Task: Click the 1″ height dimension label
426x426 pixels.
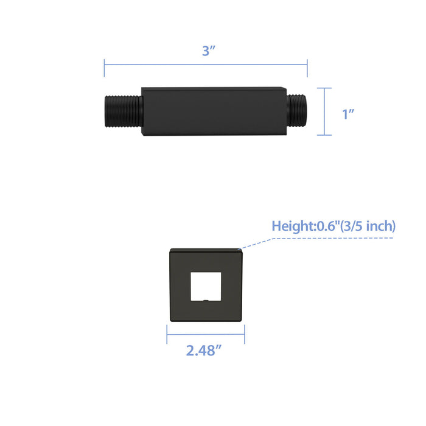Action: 348,113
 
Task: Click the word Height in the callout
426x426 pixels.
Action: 292,226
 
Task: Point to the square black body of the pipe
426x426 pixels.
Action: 213,113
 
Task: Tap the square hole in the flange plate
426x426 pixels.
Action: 206,286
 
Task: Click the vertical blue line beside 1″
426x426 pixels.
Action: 324,111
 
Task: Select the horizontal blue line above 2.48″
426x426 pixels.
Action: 206,333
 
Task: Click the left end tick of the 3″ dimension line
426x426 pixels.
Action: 104,67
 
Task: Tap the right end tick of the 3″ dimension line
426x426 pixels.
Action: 307,67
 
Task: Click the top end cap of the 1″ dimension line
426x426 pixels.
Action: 324,88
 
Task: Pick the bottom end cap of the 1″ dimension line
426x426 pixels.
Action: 324,135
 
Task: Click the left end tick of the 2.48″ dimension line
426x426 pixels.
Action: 167,333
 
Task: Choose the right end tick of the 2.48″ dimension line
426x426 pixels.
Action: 245,333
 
